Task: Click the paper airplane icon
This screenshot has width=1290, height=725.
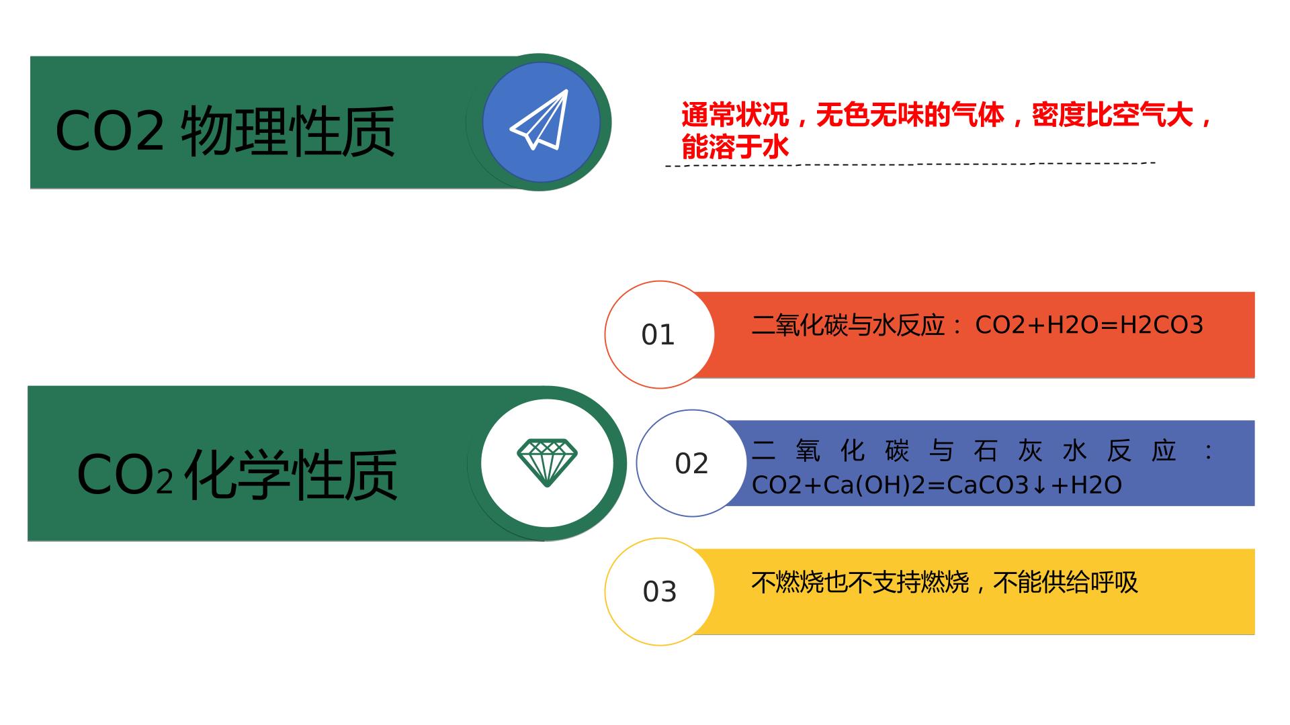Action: (x=540, y=119)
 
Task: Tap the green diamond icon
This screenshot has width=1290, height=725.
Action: (x=547, y=463)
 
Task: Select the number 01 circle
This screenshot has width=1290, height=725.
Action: (x=659, y=334)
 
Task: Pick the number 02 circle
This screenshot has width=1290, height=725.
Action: (x=691, y=463)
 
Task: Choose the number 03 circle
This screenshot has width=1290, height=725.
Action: (x=659, y=591)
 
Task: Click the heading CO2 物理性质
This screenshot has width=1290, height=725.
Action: (x=225, y=131)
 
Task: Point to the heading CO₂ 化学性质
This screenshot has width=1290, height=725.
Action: (x=237, y=475)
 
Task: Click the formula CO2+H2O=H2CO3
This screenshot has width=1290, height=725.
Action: (x=1089, y=325)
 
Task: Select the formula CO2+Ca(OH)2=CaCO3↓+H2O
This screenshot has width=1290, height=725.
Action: (x=937, y=485)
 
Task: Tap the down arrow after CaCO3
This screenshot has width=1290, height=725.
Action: (x=1039, y=485)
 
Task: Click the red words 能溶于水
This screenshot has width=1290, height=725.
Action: (x=735, y=147)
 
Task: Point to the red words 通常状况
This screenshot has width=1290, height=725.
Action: (x=735, y=115)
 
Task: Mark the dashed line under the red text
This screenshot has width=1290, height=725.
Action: (x=910, y=164)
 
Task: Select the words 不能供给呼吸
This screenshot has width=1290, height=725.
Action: (x=1066, y=582)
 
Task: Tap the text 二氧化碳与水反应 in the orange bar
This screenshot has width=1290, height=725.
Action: (x=848, y=325)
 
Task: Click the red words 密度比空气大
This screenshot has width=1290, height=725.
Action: (x=1112, y=115)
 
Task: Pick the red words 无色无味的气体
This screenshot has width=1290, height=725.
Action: (x=910, y=115)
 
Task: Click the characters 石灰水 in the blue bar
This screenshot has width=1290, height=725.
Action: (x=1030, y=451)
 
